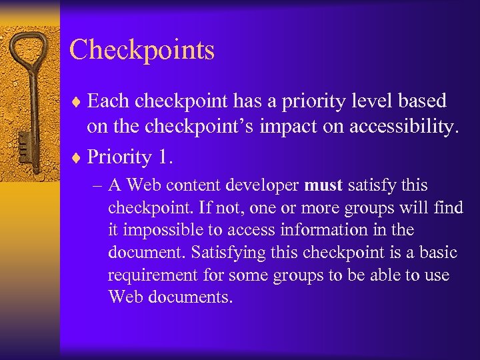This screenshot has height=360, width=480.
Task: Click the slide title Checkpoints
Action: tap(141, 51)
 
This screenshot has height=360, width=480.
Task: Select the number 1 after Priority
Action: tap(163, 157)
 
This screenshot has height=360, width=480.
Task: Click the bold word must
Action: tap(323, 185)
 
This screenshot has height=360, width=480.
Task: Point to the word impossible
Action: tap(167, 230)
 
